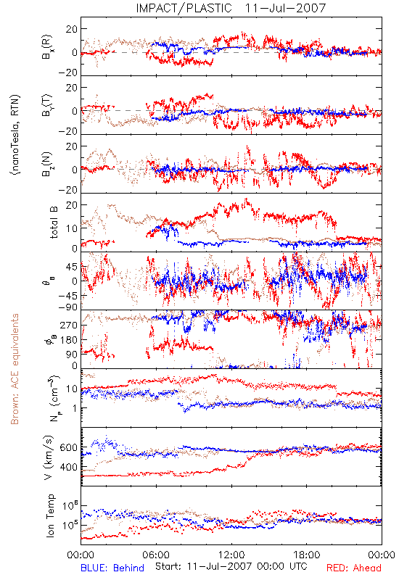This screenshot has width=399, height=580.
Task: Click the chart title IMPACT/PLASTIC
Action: pyautogui.click(x=184, y=8)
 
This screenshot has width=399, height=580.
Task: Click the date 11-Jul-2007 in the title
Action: pyautogui.click(x=285, y=8)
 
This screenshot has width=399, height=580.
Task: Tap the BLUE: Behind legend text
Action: pyautogui.click(x=112, y=568)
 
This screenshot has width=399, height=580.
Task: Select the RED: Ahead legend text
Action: pyautogui.click(x=353, y=568)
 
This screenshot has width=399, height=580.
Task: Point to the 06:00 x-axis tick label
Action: pyautogui.click(x=156, y=555)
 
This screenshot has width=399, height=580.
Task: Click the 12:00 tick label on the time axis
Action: pyautogui.click(x=231, y=555)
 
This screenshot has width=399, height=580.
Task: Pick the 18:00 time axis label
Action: pyautogui.click(x=307, y=555)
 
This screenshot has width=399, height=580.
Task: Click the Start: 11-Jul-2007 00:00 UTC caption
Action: pyautogui.click(x=231, y=566)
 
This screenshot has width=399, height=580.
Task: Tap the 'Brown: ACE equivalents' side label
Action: pyautogui.click(x=15, y=369)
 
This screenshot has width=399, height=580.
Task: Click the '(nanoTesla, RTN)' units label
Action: pyautogui.click(x=15, y=134)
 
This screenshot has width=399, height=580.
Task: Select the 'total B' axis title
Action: pyautogui.click(x=53, y=223)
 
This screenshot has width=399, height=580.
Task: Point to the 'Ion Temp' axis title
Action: pyautogui.click(x=50, y=515)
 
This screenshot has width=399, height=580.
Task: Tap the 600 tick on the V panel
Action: pyautogui.click(x=68, y=447)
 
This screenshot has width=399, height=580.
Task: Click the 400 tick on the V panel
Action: pyautogui.click(x=68, y=467)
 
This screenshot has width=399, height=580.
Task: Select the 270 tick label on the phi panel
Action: pyautogui.click(x=69, y=326)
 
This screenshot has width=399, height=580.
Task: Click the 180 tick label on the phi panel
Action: pyautogui.click(x=69, y=340)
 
